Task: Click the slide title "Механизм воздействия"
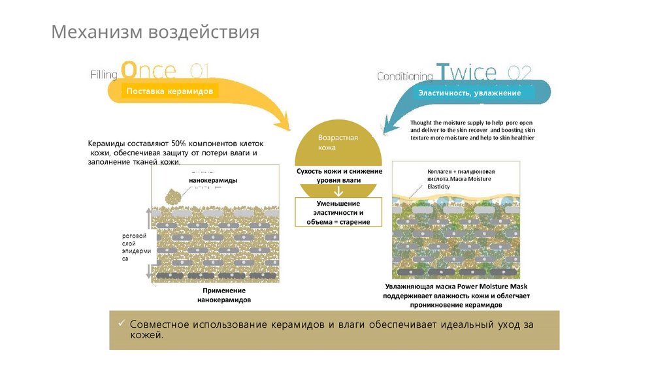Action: tap(155, 32)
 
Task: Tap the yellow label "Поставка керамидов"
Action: tap(169, 91)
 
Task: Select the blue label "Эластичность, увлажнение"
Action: tap(470, 93)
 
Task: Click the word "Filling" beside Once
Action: tap(104, 75)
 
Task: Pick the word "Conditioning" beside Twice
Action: tap(405, 76)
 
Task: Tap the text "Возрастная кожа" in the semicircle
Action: tap(338, 143)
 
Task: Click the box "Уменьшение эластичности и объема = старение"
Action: tap(338, 213)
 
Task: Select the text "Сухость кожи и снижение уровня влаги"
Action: tap(339, 175)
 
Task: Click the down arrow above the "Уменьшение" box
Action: tap(338, 192)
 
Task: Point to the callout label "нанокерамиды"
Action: tap(213, 180)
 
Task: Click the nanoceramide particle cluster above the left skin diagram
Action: tap(173, 196)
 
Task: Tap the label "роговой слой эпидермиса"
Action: tap(136, 247)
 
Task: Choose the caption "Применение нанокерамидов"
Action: tap(224, 295)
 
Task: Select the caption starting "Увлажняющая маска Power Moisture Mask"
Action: tap(456, 296)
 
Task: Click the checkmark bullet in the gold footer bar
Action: tap(121, 324)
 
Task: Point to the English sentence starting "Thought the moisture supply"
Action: tap(472, 130)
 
